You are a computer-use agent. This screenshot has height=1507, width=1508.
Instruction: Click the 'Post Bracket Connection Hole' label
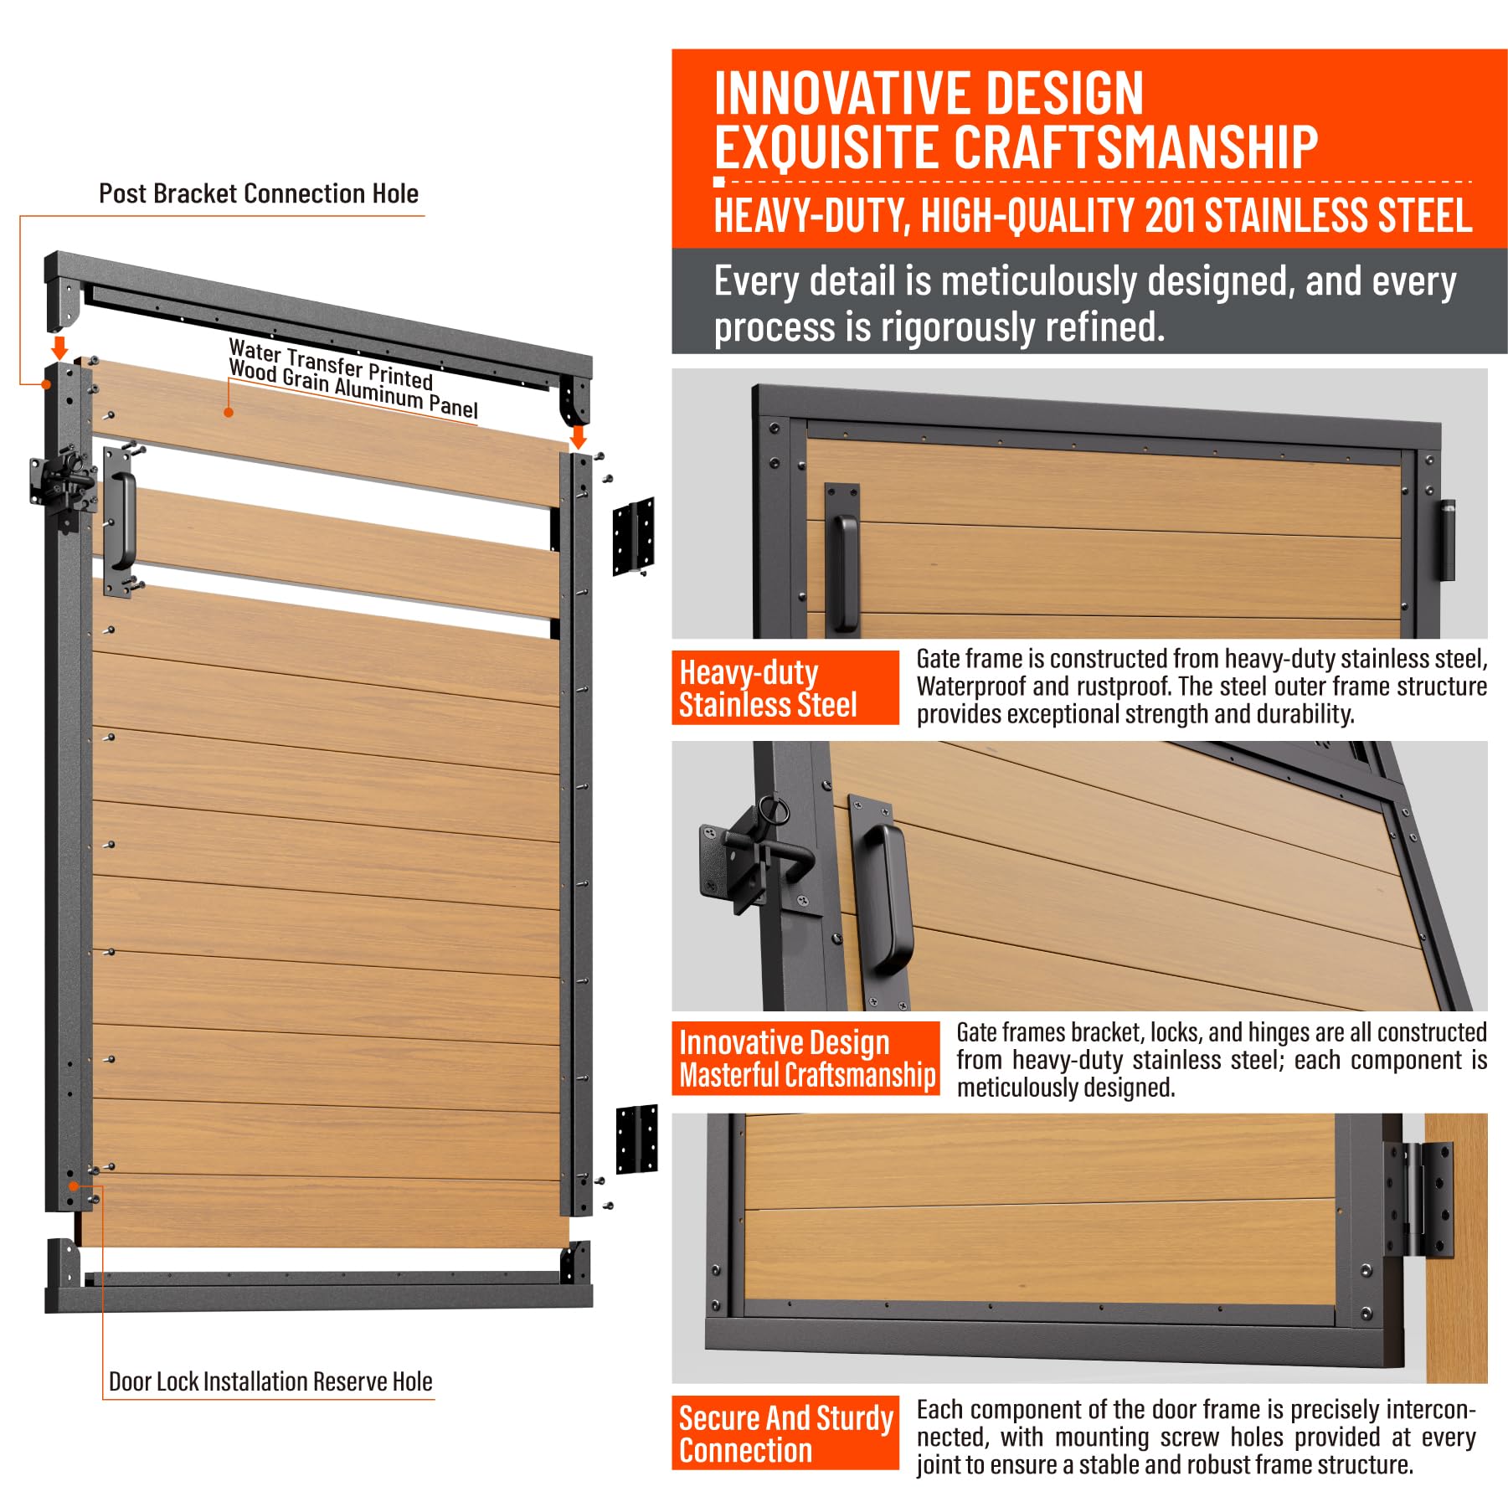coord(259,193)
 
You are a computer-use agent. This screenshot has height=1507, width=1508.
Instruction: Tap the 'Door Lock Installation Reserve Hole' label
coord(270,1381)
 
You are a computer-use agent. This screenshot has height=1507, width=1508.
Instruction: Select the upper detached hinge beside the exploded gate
coord(633,537)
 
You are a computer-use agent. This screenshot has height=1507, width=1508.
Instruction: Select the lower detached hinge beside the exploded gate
coord(636,1139)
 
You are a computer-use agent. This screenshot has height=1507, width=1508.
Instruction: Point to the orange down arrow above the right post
coord(578,436)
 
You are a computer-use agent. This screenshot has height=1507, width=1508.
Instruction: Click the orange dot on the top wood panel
coord(229,412)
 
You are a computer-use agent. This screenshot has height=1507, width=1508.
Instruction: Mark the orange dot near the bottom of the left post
coord(74,1186)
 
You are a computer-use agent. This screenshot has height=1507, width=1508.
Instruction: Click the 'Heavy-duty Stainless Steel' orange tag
coord(785,687)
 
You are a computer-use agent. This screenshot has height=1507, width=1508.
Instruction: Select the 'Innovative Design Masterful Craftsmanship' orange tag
coord(805,1058)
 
